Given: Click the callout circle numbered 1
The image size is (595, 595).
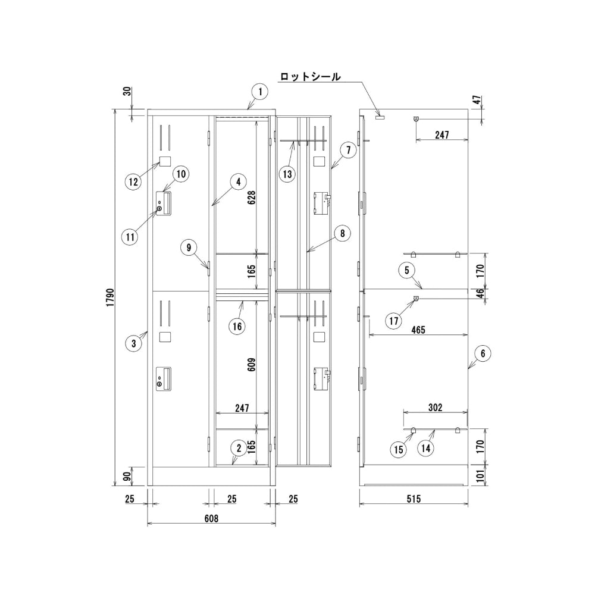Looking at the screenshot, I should point(260,92).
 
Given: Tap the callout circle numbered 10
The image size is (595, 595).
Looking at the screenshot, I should point(181,174).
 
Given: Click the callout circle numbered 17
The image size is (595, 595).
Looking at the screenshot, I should point(394,321).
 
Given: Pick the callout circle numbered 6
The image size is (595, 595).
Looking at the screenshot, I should point(483,353).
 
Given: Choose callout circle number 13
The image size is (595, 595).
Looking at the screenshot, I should point(288,174).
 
